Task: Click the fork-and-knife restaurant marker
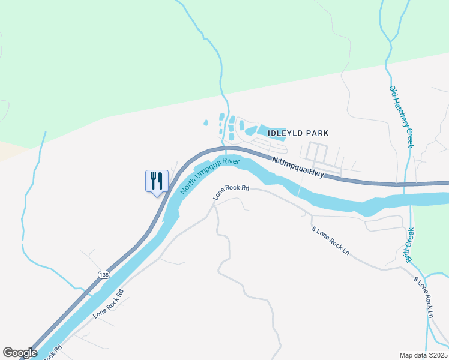[157, 181]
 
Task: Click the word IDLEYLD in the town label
[285, 133]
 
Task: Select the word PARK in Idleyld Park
[318, 133]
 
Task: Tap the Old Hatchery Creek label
[402, 116]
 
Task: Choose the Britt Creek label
[411, 245]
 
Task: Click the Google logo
[20, 353]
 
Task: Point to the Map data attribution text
[423, 355]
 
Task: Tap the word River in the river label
[231, 163]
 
